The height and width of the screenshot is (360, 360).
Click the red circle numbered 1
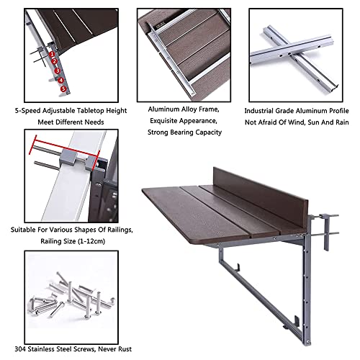click(52, 53)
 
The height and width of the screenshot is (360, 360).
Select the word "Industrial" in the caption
click(261, 112)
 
